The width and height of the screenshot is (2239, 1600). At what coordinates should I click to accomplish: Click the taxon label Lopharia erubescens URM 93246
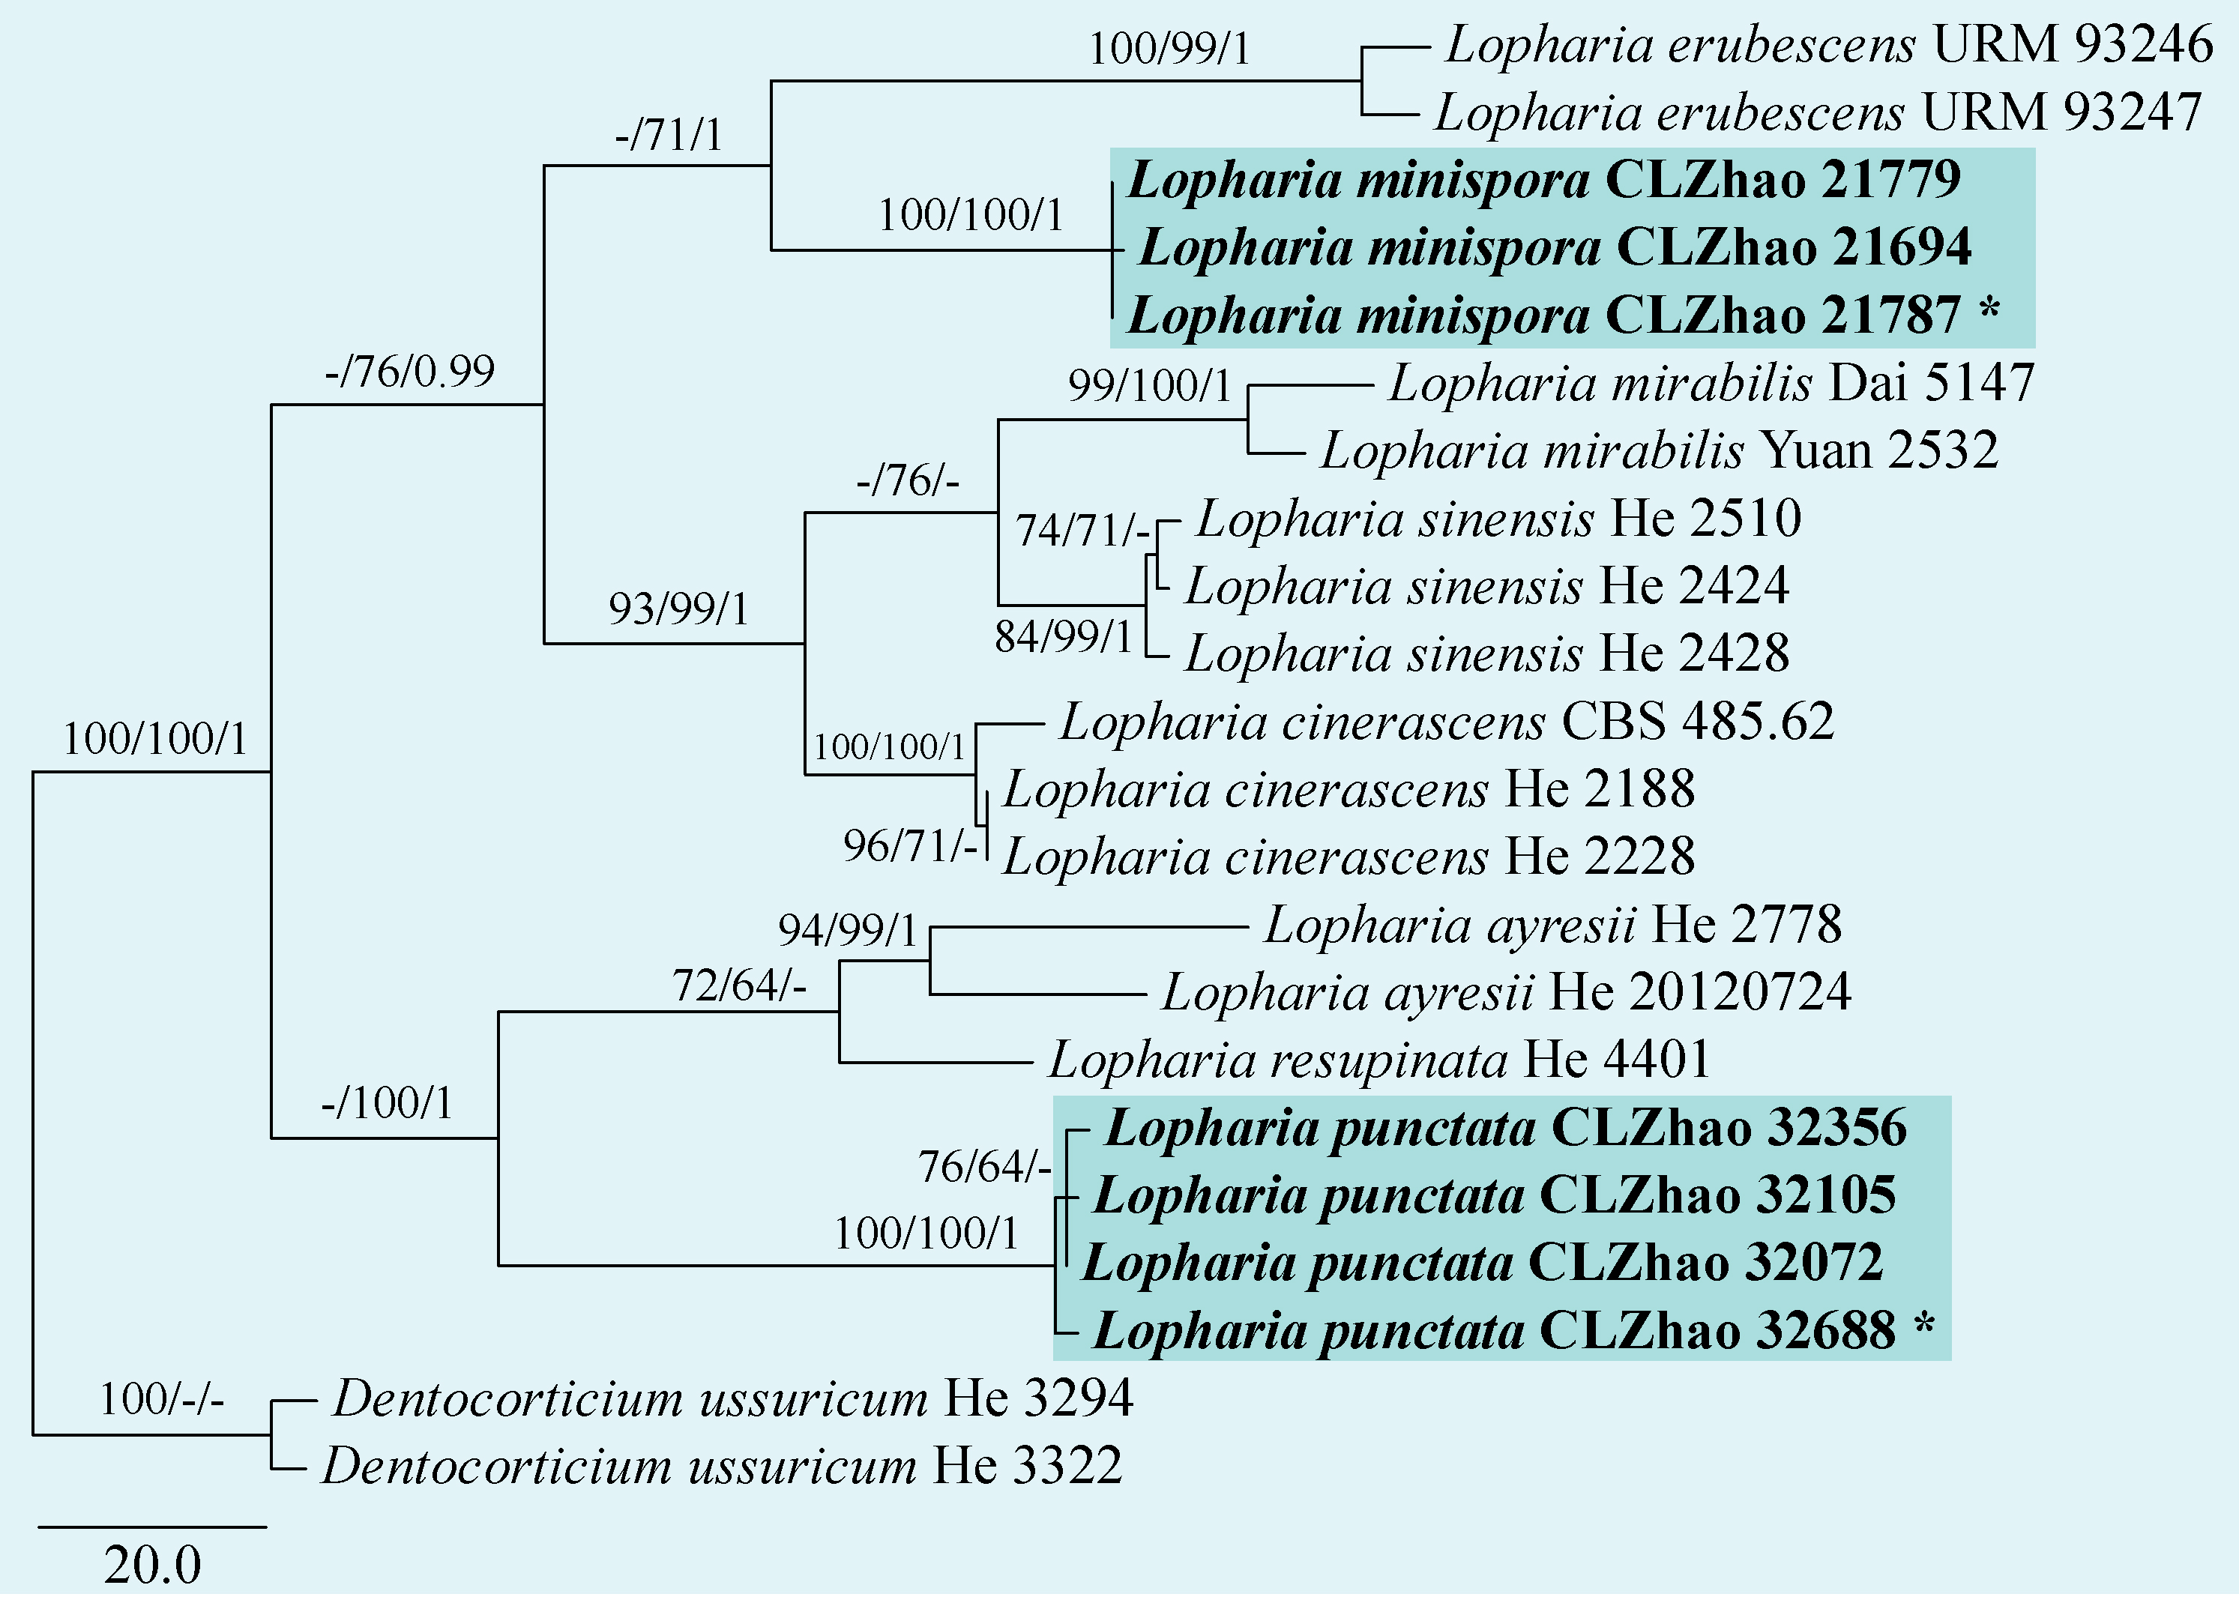click(1829, 45)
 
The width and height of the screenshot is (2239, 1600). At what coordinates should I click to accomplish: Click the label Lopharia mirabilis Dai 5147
click(1711, 383)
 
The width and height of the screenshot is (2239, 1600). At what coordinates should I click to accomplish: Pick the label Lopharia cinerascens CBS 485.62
click(1447, 722)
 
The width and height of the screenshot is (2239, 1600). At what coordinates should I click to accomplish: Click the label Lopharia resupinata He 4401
click(1378, 1061)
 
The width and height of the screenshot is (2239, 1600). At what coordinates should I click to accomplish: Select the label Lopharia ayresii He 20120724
click(1506, 993)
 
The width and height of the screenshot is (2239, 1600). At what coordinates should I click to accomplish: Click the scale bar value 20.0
click(153, 1566)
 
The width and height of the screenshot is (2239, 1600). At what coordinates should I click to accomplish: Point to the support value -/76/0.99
click(410, 372)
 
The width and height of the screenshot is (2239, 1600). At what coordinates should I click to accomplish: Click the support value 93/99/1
click(679, 610)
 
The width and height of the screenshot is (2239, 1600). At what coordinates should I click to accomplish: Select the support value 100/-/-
click(162, 1400)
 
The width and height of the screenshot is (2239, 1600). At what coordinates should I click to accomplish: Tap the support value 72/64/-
click(739, 986)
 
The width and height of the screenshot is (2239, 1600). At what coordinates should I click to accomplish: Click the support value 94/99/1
click(848, 931)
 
